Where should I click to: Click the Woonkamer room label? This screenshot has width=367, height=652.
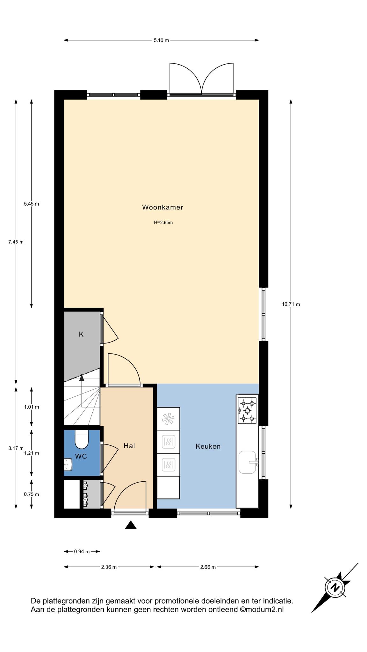point(162,207)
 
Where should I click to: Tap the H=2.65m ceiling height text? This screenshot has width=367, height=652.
point(163,223)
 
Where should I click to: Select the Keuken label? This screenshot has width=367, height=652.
point(208,446)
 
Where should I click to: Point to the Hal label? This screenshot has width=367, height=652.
point(129,446)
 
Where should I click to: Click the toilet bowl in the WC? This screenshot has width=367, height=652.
point(81,439)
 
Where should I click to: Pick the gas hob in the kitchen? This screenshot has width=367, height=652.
point(247,410)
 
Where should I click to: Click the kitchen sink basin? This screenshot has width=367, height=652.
point(247,462)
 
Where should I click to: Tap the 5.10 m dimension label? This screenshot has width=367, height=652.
point(161,40)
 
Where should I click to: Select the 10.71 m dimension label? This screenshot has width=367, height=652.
point(291,304)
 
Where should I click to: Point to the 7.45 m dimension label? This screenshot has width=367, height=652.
point(16,242)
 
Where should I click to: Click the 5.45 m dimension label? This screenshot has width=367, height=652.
point(32,204)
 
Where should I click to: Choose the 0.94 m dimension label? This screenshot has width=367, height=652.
point(82,551)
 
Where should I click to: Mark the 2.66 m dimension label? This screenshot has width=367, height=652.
point(208,567)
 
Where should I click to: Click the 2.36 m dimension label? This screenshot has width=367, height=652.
point(109,567)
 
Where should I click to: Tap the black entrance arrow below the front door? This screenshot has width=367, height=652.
point(131,525)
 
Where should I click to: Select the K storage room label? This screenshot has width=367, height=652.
point(81,334)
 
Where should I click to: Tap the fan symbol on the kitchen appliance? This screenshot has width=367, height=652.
point(168,419)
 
